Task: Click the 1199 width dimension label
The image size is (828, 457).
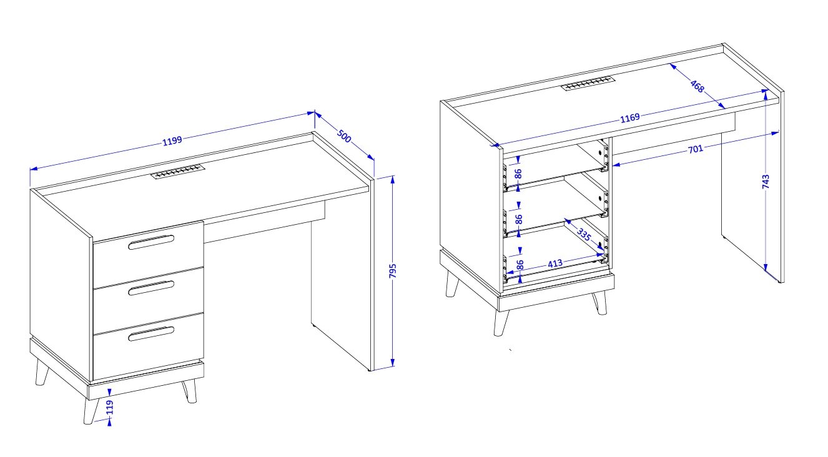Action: [172, 140]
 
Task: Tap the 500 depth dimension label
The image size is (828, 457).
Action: [344, 136]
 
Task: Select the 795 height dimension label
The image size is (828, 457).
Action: [393, 271]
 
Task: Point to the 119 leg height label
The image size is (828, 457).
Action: [109, 408]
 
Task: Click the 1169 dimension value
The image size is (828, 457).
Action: [630, 118]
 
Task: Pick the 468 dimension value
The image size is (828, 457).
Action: [697, 86]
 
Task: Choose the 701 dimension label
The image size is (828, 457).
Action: [695, 149]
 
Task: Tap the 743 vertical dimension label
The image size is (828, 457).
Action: [766, 182]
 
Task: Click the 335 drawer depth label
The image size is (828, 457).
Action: [584, 234]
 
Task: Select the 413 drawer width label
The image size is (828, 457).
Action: [555, 263]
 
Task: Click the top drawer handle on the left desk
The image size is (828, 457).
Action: [151, 242]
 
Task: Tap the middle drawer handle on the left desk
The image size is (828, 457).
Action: [151, 288]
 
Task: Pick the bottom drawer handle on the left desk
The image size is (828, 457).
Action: [151, 333]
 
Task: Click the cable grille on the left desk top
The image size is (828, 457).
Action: [178, 172]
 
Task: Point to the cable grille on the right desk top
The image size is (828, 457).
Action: [587, 83]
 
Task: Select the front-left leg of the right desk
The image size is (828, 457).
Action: [501, 323]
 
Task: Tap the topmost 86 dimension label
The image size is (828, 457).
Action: [518, 174]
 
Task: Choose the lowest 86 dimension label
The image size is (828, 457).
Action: [520, 265]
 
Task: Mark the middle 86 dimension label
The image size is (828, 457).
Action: [519, 219]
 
